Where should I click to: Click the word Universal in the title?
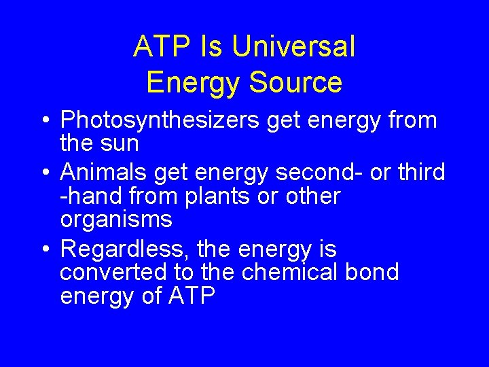point(293,47)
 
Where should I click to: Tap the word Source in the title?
point(295,82)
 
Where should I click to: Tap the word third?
point(420,173)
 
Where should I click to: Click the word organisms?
point(116,220)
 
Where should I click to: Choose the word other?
point(313,196)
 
